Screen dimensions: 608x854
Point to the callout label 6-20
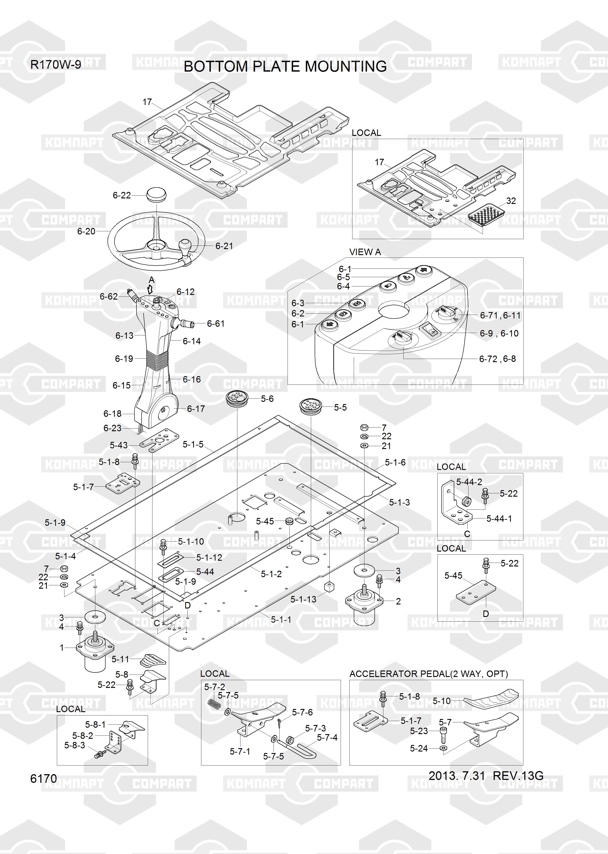coord(86,232)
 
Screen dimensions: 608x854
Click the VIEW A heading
coord(365,252)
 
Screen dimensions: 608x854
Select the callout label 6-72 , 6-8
coord(498,359)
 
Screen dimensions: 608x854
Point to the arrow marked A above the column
coord(150,289)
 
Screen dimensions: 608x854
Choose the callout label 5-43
coord(119,445)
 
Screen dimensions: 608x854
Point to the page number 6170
coord(43,779)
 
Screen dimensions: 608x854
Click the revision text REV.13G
coord(518,776)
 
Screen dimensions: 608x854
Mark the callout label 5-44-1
coord(499,519)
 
